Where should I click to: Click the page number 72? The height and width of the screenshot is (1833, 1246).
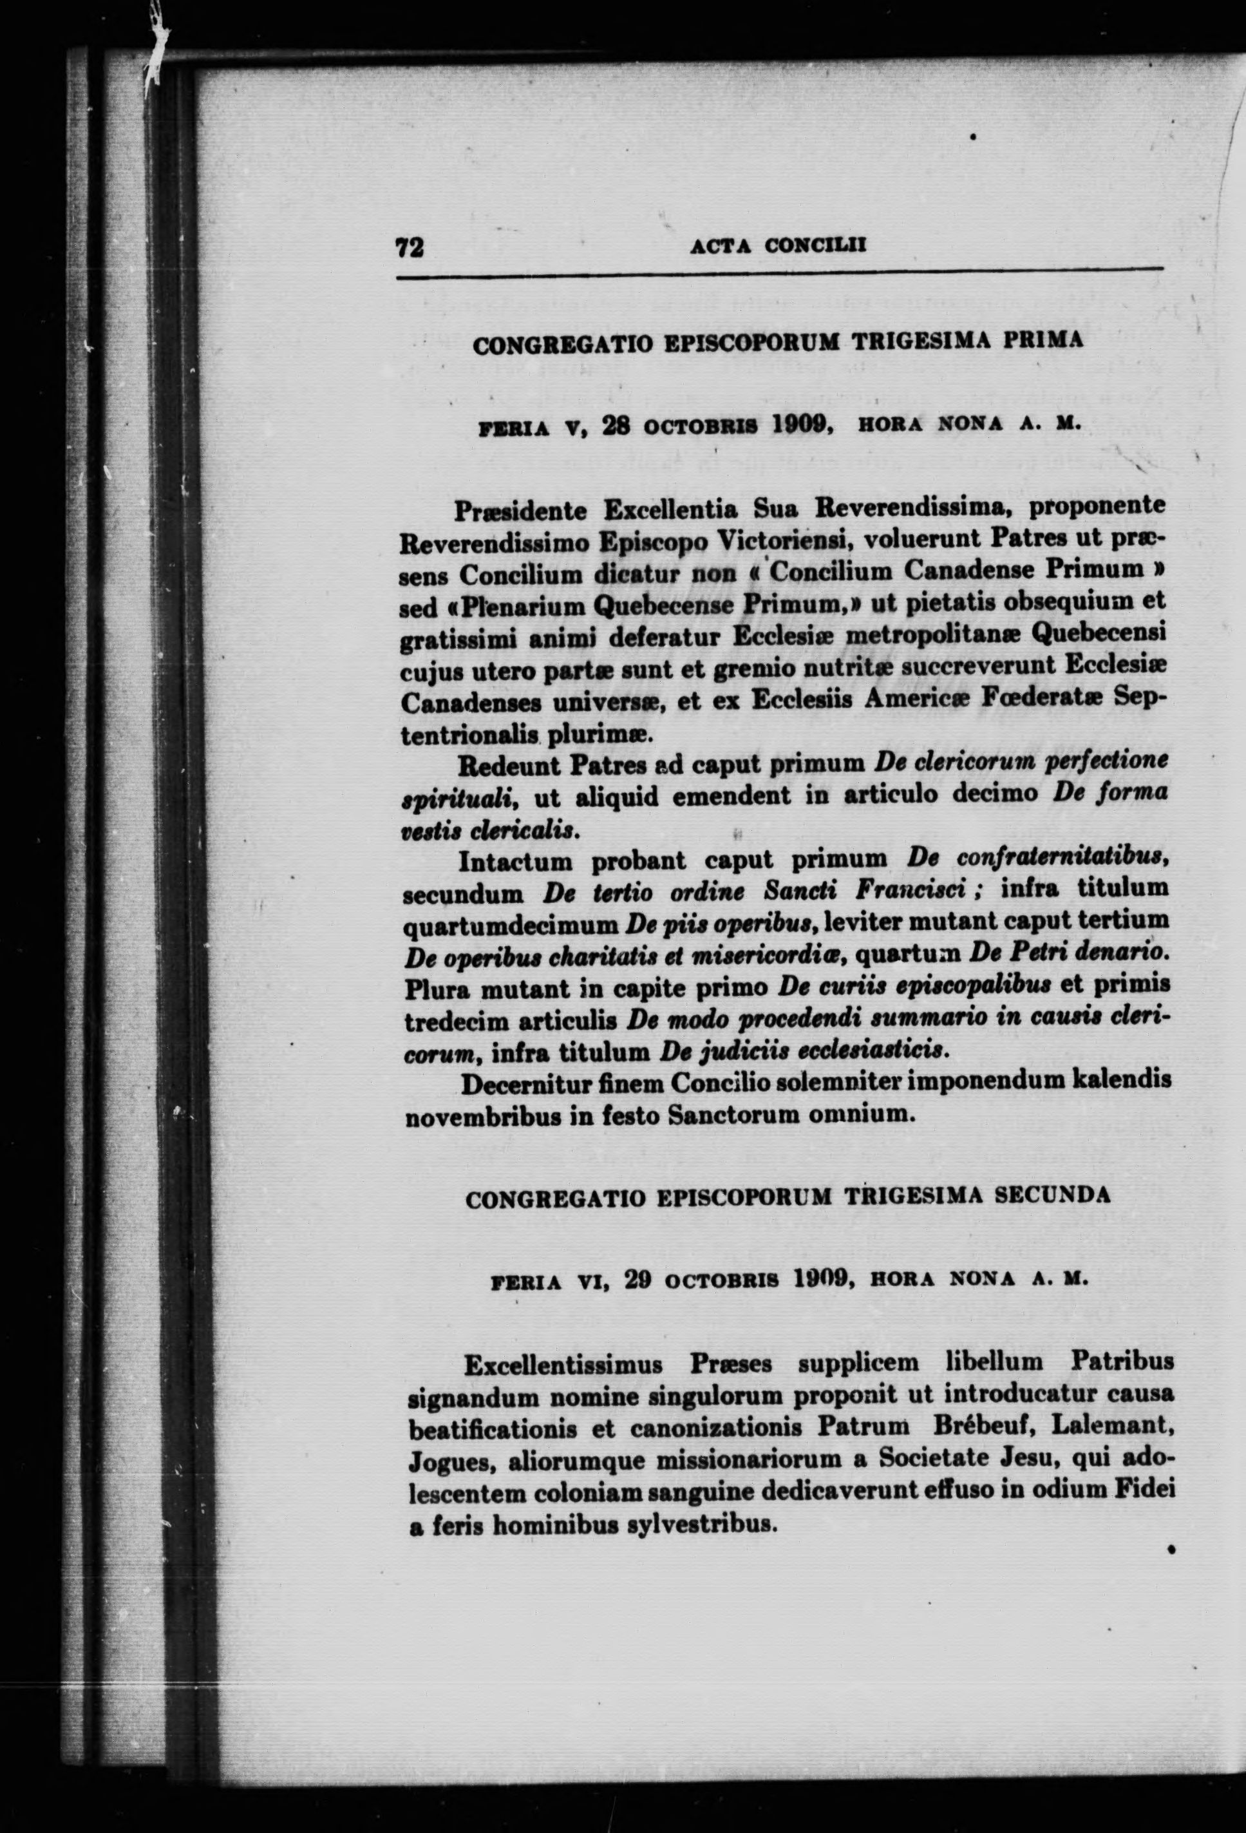410,248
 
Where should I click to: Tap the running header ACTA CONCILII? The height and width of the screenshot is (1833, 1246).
779,246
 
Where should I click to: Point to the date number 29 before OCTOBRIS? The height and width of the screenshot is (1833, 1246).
636,1281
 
